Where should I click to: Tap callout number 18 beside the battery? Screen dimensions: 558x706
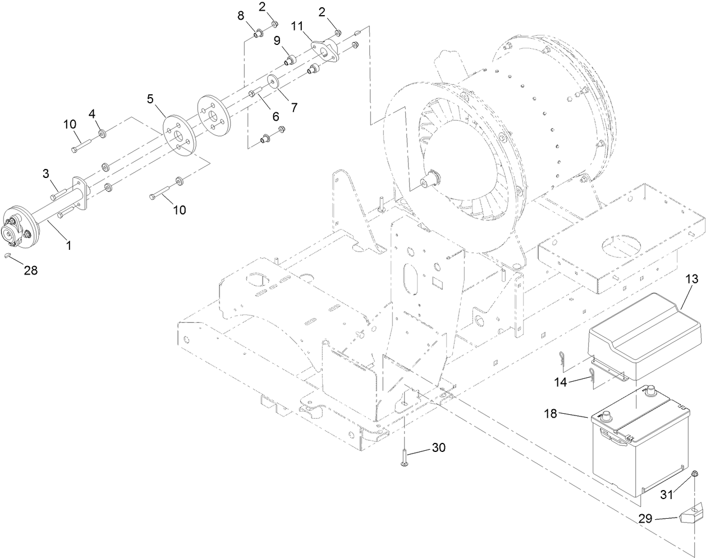[551, 414]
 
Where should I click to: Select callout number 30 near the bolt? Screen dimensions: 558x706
[439, 448]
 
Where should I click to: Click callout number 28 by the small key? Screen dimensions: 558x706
[31, 271]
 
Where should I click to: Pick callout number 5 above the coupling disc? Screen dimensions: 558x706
[150, 99]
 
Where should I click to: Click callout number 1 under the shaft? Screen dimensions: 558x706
[69, 245]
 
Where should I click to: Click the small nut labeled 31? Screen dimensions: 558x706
[695, 475]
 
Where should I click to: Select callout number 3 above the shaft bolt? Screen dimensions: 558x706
[47, 174]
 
